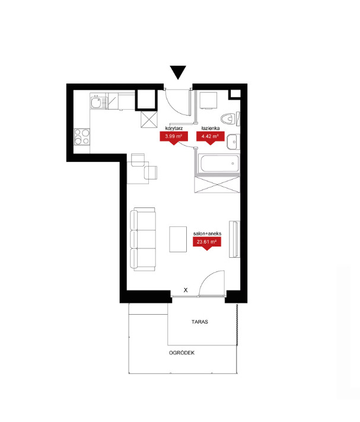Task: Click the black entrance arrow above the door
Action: click(178, 72)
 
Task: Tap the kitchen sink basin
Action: click(95, 103)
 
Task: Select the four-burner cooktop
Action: click(82, 137)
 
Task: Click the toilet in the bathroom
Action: click(228, 118)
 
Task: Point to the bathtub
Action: click(219, 163)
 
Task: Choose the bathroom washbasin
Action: click(232, 142)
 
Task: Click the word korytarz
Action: click(174, 128)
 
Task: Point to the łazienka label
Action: click(211, 128)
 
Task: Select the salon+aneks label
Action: click(207, 234)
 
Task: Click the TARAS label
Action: click(200, 322)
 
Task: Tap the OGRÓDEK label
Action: click(181, 353)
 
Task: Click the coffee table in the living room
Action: click(178, 239)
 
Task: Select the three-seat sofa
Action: click(143, 239)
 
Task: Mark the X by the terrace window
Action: click(186, 290)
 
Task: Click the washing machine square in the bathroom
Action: click(208, 100)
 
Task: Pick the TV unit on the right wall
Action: click(234, 239)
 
